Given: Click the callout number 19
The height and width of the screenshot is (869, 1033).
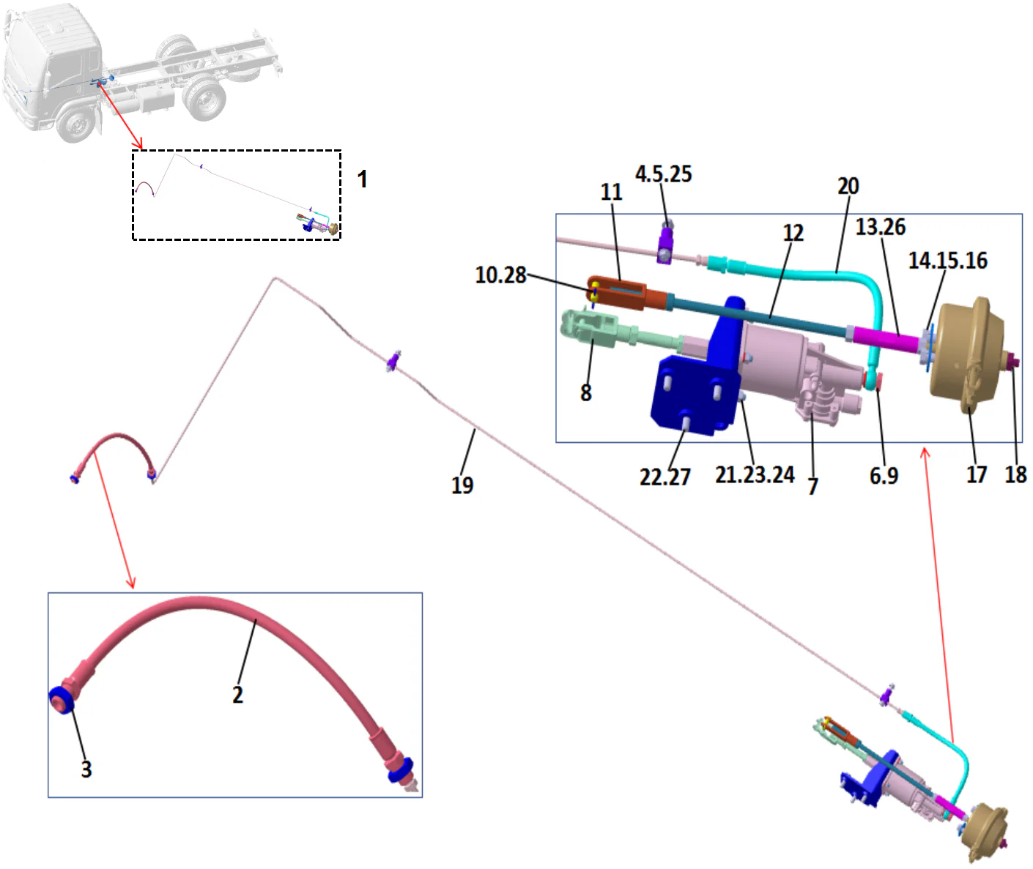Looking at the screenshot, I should [462, 485].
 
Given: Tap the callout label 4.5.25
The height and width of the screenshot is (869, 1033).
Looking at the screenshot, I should [663, 174].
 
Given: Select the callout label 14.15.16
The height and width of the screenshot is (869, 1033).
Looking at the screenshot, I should [947, 261].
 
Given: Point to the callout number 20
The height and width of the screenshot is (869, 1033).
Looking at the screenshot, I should [848, 187].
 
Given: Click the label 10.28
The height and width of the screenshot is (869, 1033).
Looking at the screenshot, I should [500, 275].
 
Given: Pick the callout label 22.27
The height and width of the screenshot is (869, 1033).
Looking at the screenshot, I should [664, 477].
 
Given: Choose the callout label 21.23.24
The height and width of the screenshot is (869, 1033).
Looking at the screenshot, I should [755, 475].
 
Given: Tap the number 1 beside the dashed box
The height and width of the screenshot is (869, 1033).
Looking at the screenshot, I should [362, 179].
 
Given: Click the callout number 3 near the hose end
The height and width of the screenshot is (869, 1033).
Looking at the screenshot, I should [86, 769].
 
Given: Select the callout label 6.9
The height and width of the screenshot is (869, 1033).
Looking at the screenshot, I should [884, 477].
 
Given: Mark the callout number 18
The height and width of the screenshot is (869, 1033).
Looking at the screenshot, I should [1015, 475].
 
